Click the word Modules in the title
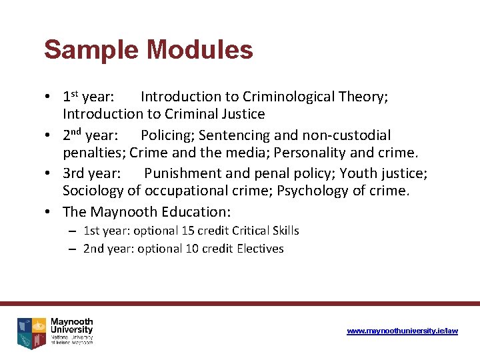click(200, 50)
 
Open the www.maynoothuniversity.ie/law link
click(402, 331)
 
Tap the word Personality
click(313, 153)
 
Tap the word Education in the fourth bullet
click(193, 212)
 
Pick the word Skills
click(285, 231)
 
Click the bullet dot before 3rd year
click(49, 174)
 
